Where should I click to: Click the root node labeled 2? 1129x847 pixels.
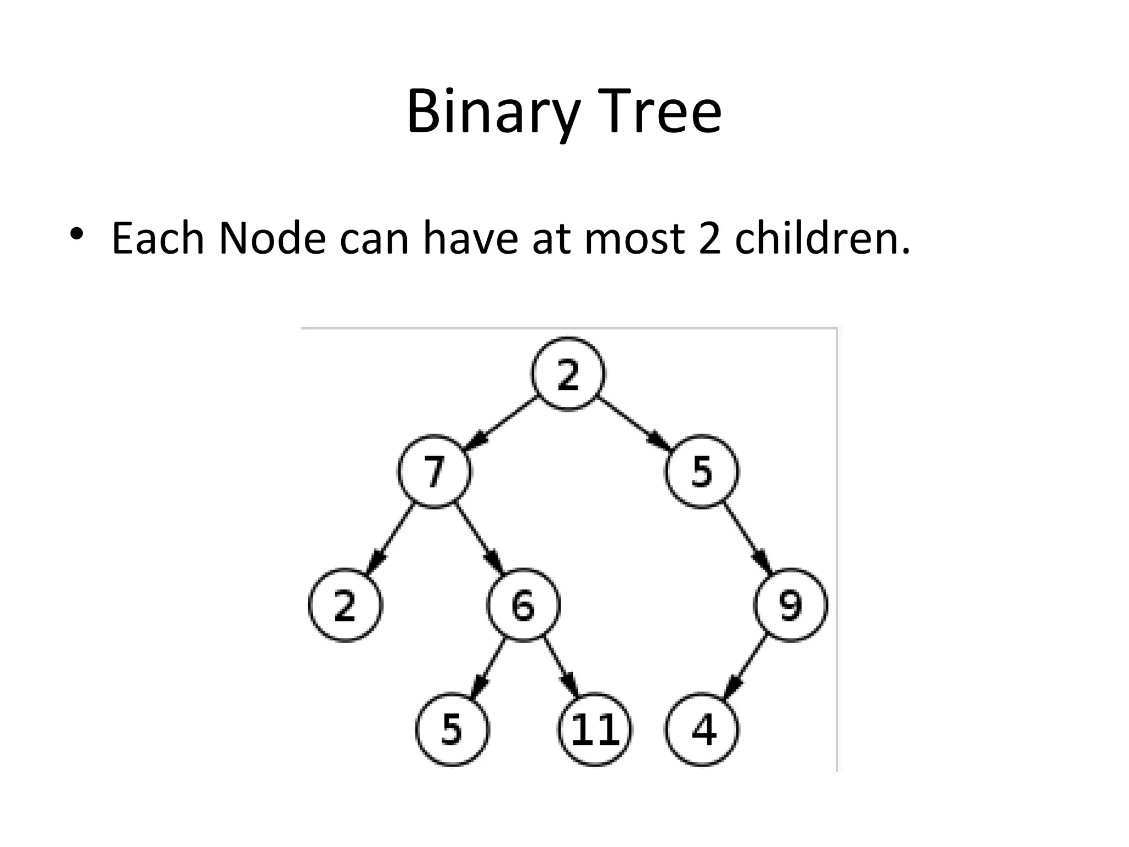tap(568, 374)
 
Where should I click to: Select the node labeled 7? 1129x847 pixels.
tap(434, 472)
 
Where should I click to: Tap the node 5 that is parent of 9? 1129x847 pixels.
tap(702, 472)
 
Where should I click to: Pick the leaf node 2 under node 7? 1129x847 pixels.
tap(345, 605)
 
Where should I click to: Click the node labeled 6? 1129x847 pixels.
tap(523, 605)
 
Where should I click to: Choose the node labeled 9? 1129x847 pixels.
tap(791, 605)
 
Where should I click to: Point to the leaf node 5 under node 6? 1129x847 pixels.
tap(452, 730)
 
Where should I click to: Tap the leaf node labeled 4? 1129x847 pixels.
tap(702, 730)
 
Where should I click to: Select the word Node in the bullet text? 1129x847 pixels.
tap(272, 239)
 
